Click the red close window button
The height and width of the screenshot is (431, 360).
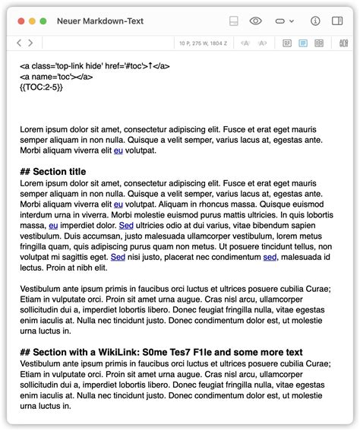(21, 21)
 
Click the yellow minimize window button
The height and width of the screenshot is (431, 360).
(32, 21)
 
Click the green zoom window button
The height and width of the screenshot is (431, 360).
(43, 21)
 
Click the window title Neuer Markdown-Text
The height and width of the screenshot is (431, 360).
(100, 21)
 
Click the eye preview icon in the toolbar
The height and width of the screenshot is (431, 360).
(256, 21)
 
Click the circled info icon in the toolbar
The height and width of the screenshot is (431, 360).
(316, 21)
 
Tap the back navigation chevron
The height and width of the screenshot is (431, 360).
(20, 43)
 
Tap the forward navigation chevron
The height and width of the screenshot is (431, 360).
(30, 43)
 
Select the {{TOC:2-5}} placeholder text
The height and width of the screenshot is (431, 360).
(41, 87)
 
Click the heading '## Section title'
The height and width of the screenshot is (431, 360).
(52, 172)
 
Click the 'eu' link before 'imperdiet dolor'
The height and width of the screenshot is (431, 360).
(53, 226)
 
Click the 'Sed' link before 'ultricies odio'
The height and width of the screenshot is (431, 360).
(127, 226)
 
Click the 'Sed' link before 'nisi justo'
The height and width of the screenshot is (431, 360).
(118, 258)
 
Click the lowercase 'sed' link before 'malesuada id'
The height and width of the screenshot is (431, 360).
(270, 258)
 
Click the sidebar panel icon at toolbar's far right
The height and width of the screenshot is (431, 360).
(339, 21)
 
